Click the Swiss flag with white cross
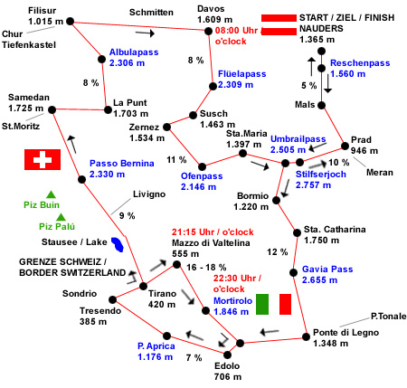[43, 159]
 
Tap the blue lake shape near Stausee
[118, 244]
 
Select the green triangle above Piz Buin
[51, 194]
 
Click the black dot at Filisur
[70, 22]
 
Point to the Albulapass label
[134, 52]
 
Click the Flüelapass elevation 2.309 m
[235, 85]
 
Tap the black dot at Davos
[208, 31]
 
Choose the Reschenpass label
[360, 63]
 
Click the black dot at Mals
[322, 105]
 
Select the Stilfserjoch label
[321, 175]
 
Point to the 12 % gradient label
[278, 251]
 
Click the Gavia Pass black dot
[293, 272]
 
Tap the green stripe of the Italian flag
[262, 305]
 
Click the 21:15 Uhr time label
[213, 232]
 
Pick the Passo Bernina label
[122, 164]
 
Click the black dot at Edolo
[227, 355]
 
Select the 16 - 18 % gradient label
[206, 268]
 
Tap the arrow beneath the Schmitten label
[145, 33]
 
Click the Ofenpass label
[202, 176]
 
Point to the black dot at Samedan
[52, 109]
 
